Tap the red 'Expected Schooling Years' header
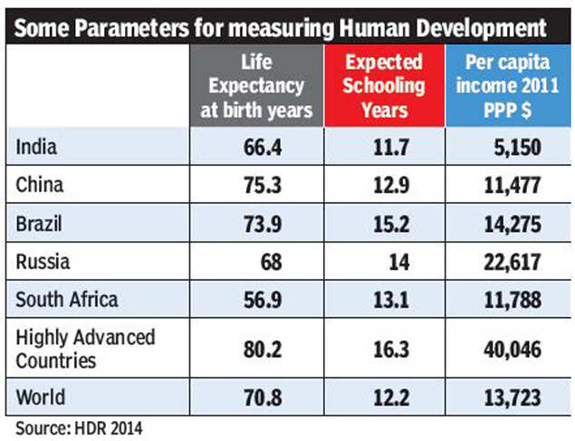click(x=385, y=86)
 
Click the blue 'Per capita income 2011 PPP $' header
click(x=508, y=87)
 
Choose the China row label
click(x=39, y=186)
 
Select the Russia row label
click(x=42, y=263)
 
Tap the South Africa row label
click(x=67, y=301)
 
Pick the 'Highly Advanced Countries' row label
click(x=86, y=348)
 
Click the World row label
click(x=40, y=397)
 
